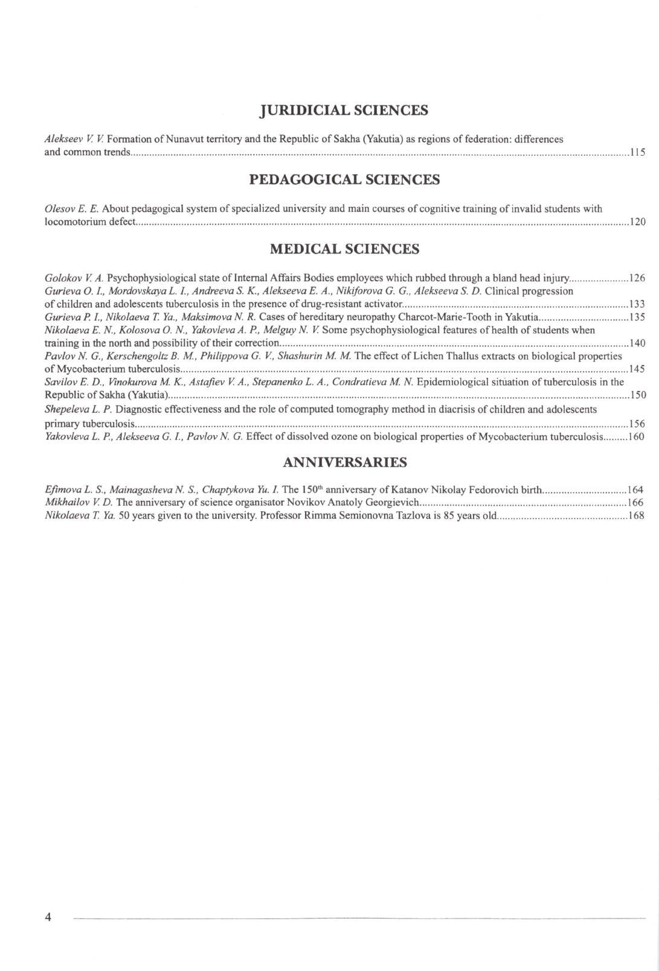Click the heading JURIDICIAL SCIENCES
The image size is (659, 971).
344,110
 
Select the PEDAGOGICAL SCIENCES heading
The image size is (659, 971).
344,180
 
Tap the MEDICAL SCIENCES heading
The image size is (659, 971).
344,249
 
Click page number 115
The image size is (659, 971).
637,152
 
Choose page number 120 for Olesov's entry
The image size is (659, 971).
637,221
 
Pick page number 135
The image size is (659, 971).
637,317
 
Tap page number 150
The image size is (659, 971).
637,396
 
